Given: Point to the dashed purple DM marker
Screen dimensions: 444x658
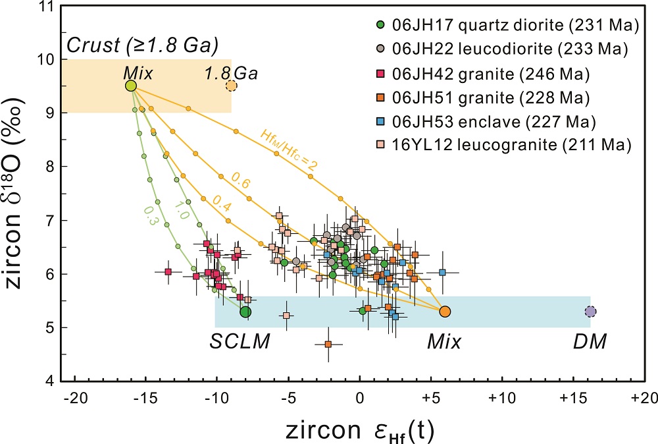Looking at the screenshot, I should (x=590, y=312).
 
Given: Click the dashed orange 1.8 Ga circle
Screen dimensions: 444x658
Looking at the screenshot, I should (x=231, y=86).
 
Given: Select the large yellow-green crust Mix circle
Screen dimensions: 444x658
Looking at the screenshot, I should (x=131, y=86).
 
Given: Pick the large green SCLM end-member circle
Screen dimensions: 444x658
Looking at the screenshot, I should (x=245, y=312).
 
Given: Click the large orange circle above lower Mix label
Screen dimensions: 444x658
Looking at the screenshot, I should (x=445, y=312).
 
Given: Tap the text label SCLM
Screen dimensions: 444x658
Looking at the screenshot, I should (x=240, y=341).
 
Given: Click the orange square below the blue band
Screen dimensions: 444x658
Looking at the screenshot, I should (x=328, y=344).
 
